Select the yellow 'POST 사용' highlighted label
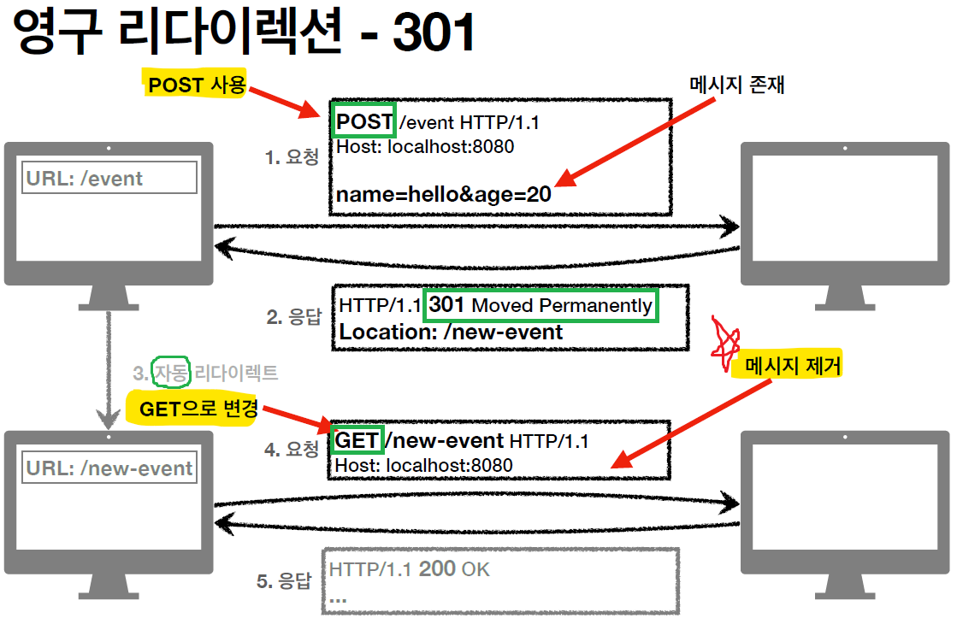[197, 85]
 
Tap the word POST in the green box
[364, 122]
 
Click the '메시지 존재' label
[737, 85]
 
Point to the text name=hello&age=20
[443, 194]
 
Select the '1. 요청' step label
[292, 157]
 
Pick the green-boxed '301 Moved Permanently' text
[541, 305]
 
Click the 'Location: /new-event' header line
[452, 333]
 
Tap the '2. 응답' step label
[293, 318]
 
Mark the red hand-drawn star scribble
[725, 339]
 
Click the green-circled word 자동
[169, 373]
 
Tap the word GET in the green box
[357, 440]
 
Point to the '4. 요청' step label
[292, 449]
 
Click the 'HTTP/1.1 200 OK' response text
[410, 568]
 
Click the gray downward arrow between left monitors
[108, 368]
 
